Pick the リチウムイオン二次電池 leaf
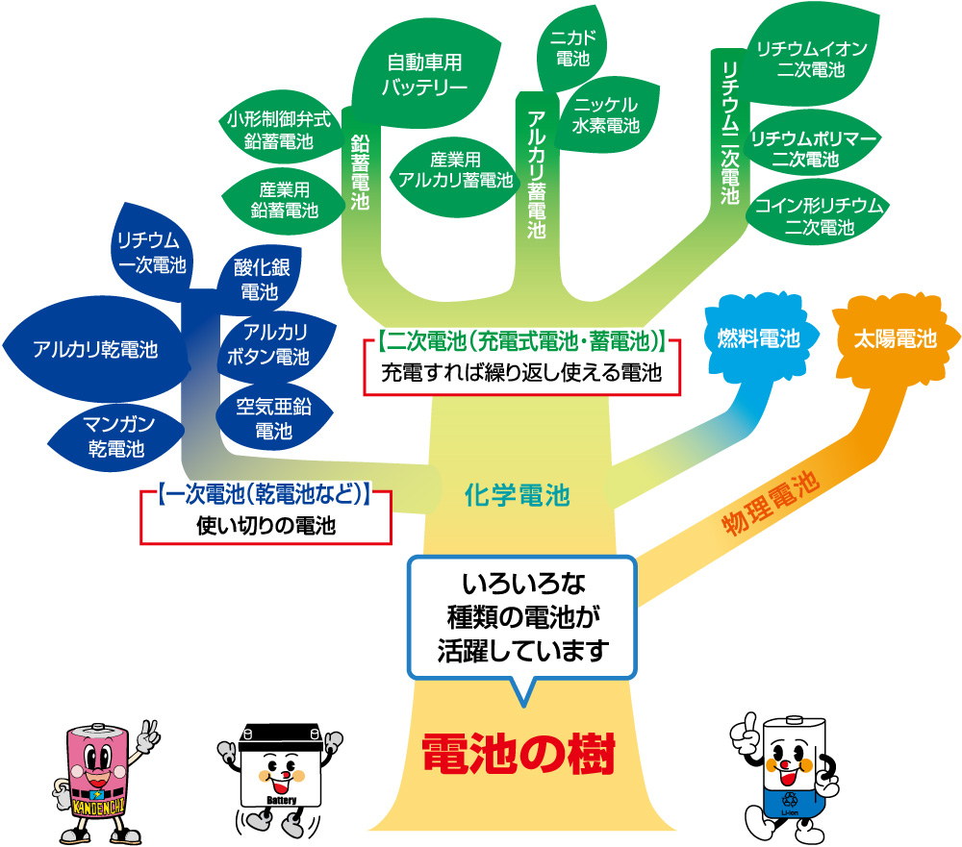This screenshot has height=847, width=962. [810, 58]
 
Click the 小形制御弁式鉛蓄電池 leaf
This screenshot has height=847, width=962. [279, 130]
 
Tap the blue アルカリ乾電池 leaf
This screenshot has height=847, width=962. [94, 349]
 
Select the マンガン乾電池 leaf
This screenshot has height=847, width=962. [115, 436]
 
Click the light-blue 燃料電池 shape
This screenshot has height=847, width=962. [759, 338]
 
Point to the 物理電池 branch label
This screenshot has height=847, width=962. [770, 505]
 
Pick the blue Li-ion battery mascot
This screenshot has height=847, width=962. [786, 774]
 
